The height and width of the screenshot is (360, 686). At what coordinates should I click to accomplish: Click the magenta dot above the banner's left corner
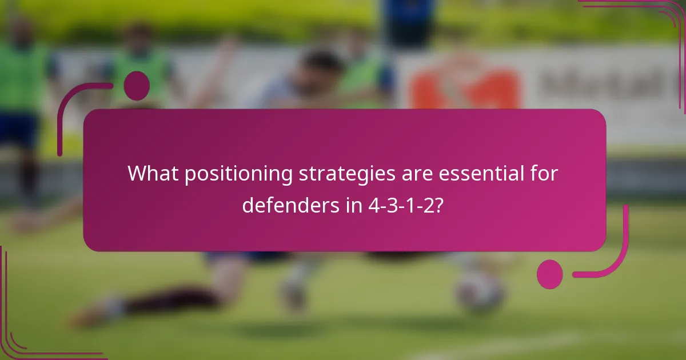(x=137, y=86)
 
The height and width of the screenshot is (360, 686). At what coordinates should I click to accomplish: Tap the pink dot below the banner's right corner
(x=550, y=274)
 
